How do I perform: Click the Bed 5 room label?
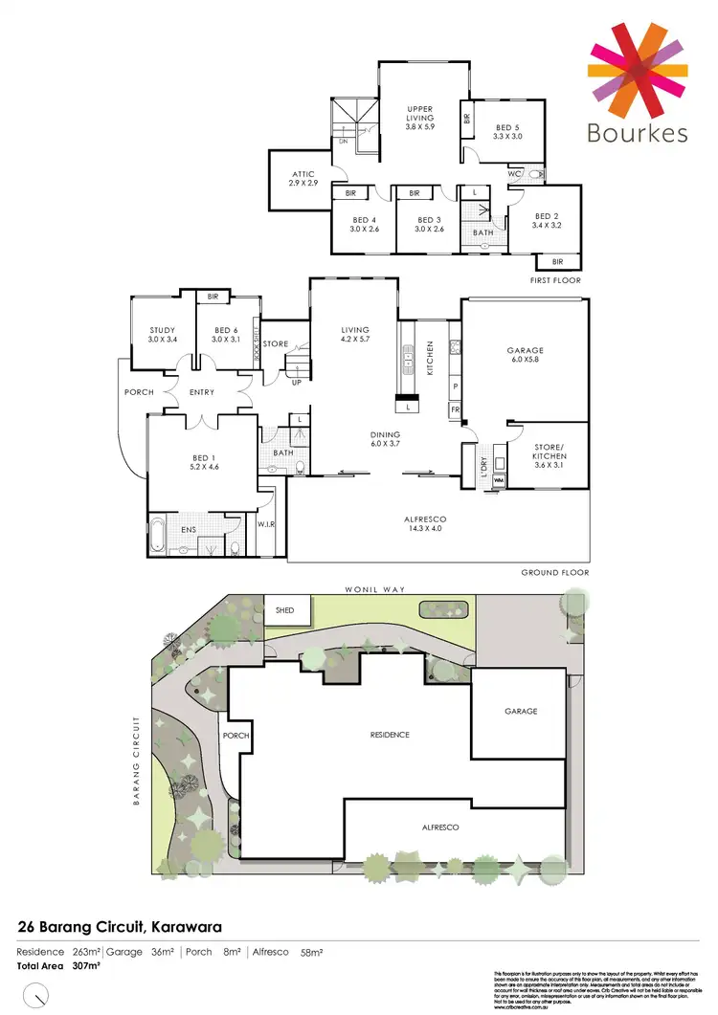pyautogui.click(x=508, y=132)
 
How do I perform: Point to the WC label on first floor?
pyautogui.click(x=515, y=174)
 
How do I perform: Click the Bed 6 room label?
pyautogui.click(x=227, y=335)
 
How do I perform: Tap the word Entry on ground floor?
pyautogui.click(x=201, y=392)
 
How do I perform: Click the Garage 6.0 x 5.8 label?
pyautogui.click(x=526, y=357)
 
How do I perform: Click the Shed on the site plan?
pyautogui.click(x=285, y=609)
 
